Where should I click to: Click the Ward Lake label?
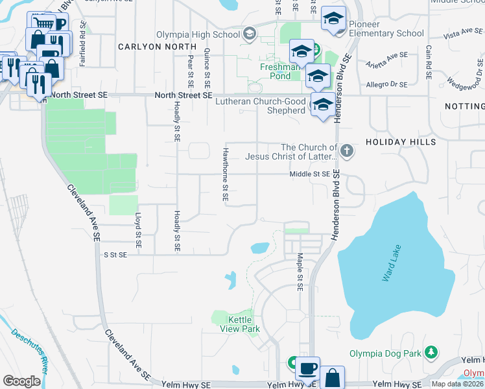point(392,263)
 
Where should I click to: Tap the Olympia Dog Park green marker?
point(430,353)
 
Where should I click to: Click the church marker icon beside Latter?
point(348,152)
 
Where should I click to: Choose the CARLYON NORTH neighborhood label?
point(157,47)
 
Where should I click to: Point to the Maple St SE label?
point(300,272)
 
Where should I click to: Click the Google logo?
point(21,381)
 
